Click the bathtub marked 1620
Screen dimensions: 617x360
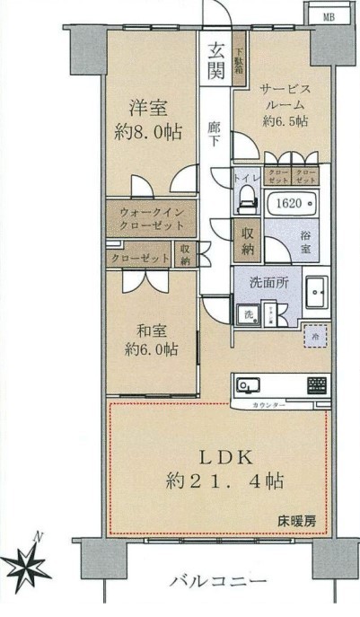[x=288, y=205]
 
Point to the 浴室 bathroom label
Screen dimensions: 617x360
[x=306, y=242]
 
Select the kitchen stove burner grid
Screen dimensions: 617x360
[x=317, y=386]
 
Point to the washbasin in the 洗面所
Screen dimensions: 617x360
[x=317, y=293]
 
